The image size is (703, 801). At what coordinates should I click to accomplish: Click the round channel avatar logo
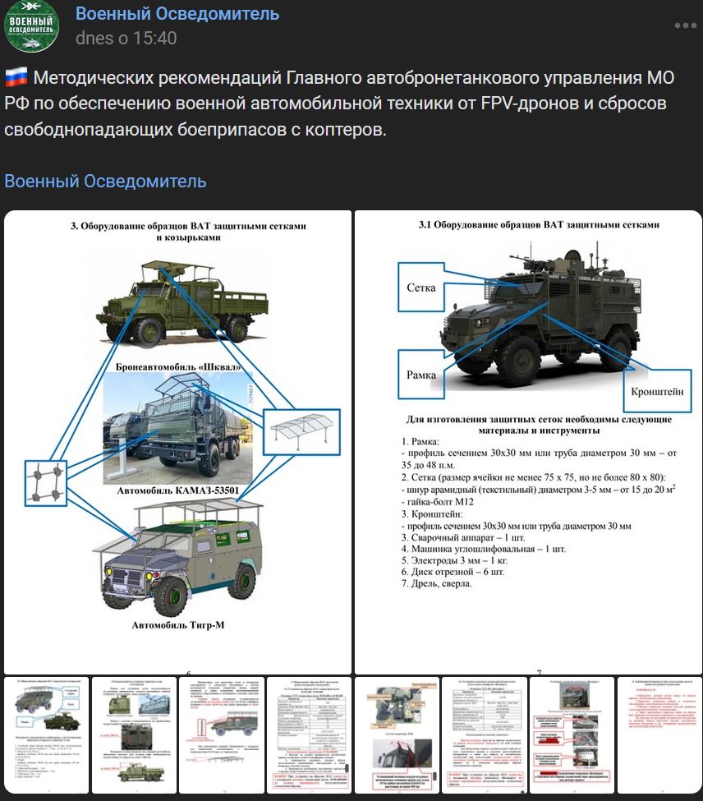pyautogui.click(x=32, y=26)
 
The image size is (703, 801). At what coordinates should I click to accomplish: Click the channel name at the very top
pyautogui.click(x=177, y=14)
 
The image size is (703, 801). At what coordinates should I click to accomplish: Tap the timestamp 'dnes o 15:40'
pyautogui.click(x=126, y=38)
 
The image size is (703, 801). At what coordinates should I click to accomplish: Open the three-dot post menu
pyautogui.click(x=685, y=25)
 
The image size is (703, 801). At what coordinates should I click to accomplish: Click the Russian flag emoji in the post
pyautogui.click(x=16, y=78)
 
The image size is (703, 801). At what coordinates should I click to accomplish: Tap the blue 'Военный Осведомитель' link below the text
pyautogui.click(x=105, y=181)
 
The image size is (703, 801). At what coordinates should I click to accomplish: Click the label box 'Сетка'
pyautogui.click(x=420, y=288)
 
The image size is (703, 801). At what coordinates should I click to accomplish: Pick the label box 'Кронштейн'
pyautogui.click(x=657, y=392)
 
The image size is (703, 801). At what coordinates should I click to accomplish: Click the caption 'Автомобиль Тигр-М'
pyautogui.click(x=177, y=626)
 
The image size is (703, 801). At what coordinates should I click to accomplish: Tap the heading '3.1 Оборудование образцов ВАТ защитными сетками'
pyautogui.click(x=539, y=224)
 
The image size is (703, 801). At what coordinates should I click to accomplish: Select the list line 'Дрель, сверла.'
pyautogui.click(x=437, y=583)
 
